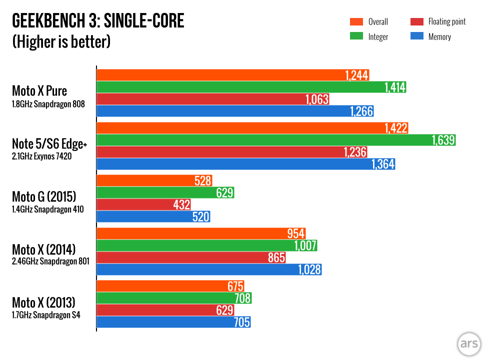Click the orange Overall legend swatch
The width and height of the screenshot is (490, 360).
coord(356,21)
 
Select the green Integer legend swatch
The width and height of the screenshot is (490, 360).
coord(356,36)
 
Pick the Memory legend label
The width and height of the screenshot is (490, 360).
coord(439,36)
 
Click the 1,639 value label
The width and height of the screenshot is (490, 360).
coord(443,140)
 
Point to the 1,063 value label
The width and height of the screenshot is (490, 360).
coord(317,99)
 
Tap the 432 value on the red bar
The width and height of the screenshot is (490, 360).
coord(181,204)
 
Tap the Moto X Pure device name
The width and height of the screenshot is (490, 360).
coord(39,91)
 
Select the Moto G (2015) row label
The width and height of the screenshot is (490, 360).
coord(44,197)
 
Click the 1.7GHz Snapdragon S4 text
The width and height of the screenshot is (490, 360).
coord(46,315)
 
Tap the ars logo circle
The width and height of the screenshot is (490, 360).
coord(469,344)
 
